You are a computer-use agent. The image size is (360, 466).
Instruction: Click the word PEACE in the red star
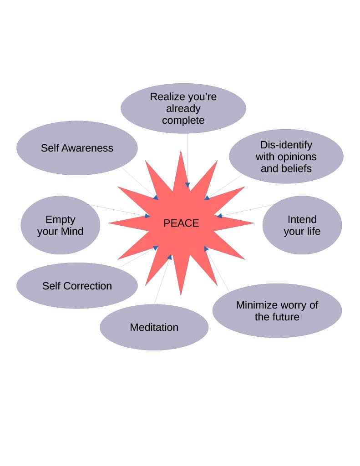(x=181, y=223)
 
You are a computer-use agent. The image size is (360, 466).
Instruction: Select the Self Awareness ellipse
(x=77, y=148)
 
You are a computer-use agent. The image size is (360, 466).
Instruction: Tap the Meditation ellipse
(x=154, y=327)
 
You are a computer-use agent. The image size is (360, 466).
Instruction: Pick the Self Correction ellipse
(x=77, y=286)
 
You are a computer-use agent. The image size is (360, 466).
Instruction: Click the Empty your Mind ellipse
(x=60, y=225)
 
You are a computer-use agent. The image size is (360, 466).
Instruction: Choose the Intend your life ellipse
(x=302, y=225)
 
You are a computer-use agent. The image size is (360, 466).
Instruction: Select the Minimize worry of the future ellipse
(x=277, y=311)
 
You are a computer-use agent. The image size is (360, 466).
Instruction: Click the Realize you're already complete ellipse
(x=183, y=108)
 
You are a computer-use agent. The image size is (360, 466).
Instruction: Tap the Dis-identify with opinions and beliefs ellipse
(x=286, y=157)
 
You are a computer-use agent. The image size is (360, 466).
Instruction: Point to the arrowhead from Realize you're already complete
(x=188, y=185)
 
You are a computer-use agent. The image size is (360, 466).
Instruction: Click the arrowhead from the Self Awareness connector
(x=156, y=198)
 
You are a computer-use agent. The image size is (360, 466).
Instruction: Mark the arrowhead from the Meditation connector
(x=170, y=257)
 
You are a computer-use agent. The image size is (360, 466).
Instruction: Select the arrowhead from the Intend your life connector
(x=219, y=216)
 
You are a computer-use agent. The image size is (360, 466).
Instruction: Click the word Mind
(x=72, y=232)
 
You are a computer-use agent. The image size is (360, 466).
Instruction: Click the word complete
(x=183, y=121)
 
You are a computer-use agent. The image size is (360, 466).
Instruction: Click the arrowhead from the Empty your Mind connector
(x=147, y=216)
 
